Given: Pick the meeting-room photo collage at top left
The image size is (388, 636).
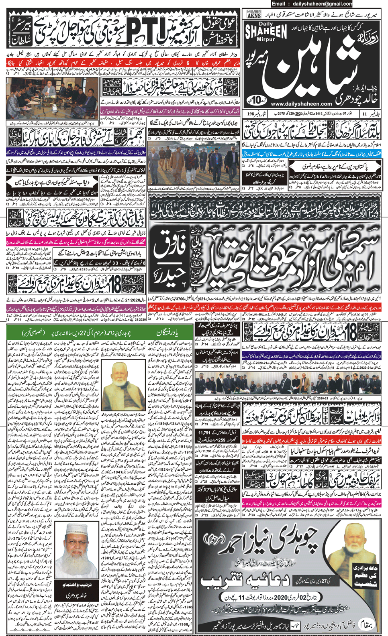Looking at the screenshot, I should (52, 98).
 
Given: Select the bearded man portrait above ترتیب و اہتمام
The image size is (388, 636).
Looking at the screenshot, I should (77, 555).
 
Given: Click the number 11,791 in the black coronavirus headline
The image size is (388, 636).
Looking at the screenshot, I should (207, 433).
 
